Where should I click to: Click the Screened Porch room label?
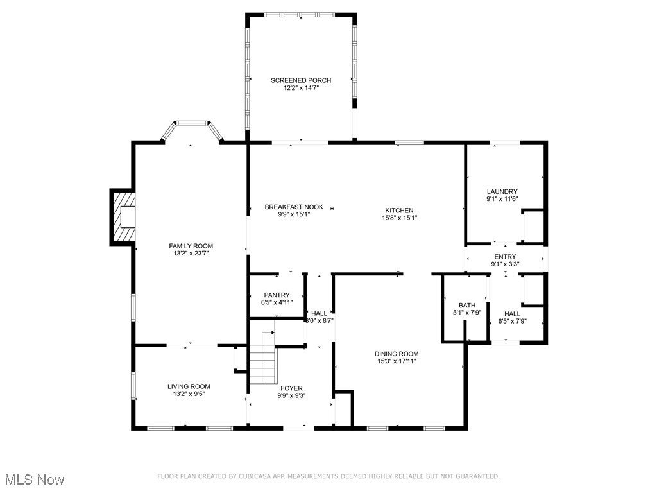pos(300,80)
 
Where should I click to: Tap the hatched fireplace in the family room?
pos(123,217)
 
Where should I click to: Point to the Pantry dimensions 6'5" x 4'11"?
pos(277,302)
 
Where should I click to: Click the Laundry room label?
pos(502,191)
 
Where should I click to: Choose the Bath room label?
pos(466,305)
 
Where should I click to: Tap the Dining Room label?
pos(397,354)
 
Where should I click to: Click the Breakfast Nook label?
pos(294,207)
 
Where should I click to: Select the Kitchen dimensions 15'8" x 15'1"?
pos(399,218)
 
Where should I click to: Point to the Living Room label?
pos(189,386)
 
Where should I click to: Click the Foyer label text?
pos(291,388)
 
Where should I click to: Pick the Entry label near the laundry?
pos(504,257)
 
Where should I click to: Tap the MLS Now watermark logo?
pos(35,480)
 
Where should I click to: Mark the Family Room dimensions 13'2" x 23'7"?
pos(191,254)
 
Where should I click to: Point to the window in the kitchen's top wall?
pos(409,142)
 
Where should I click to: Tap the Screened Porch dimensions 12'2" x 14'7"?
pos(301,88)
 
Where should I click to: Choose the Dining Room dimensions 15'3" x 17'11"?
pos(397,361)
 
